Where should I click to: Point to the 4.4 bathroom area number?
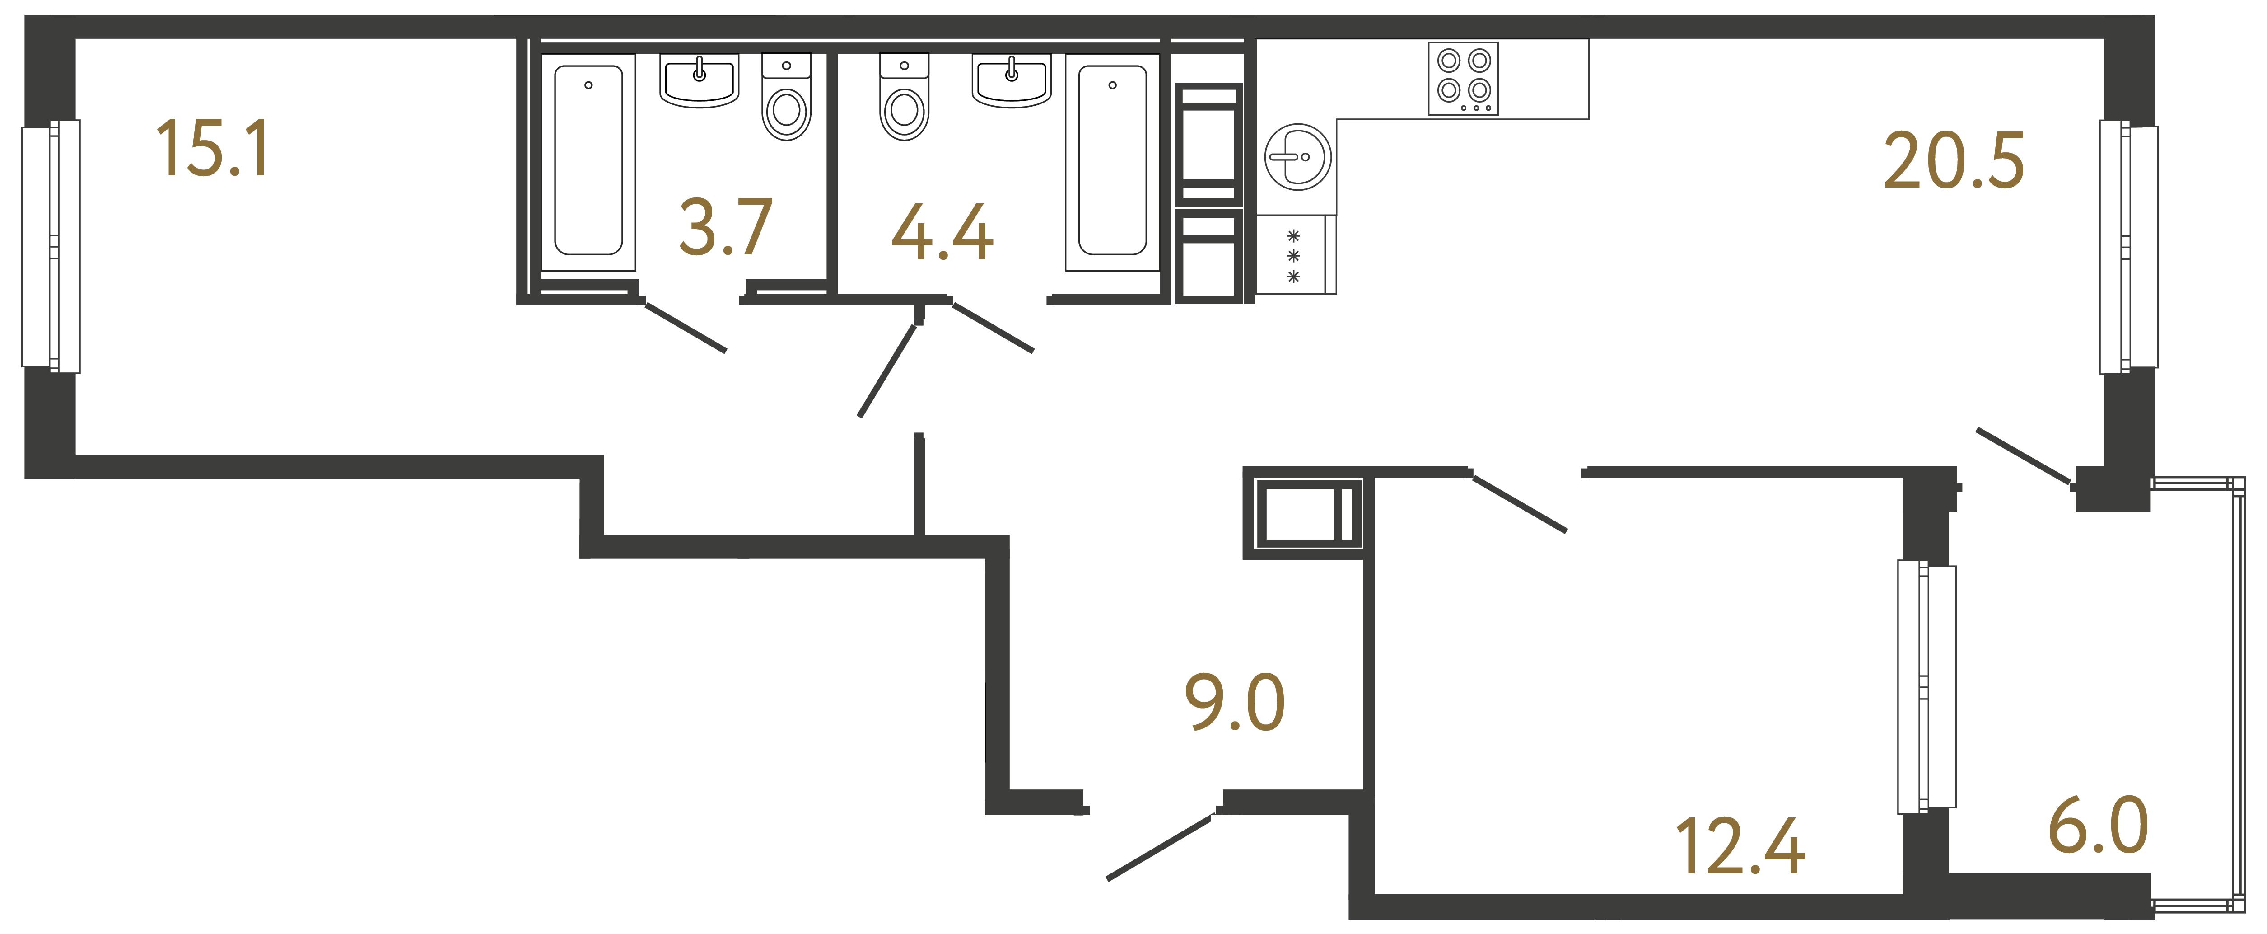tap(942, 233)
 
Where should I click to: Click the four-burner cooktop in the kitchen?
tap(1463, 79)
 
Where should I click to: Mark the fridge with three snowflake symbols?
tap(1294, 255)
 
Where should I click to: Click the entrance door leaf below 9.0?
tap(1159, 848)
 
